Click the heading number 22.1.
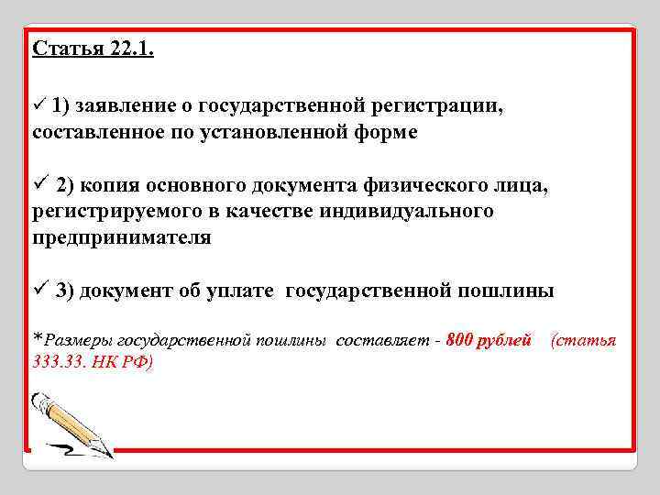pos(125,48)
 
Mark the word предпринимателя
pos(121,238)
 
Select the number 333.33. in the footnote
pos(57,361)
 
